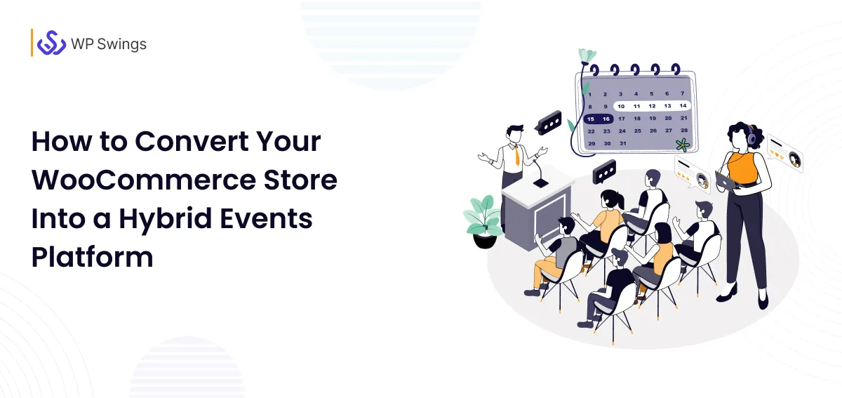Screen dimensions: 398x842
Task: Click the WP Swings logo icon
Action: pyautogui.click(x=51, y=43)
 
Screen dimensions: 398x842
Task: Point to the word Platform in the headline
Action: pyautogui.click(x=92, y=256)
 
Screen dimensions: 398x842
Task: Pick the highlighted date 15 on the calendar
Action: pyautogui.click(x=592, y=119)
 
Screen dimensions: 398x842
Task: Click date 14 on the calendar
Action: pyautogui.click(x=683, y=106)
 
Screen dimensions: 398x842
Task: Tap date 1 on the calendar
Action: pyautogui.click(x=590, y=94)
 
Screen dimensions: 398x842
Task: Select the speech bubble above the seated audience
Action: pyautogui.click(x=604, y=171)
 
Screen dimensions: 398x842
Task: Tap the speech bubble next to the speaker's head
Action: pyautogui.click(x=547, y=123)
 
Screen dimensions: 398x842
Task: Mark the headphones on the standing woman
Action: pyautogui.click(x=751, y=137)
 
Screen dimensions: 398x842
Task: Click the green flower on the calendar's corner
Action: pyautogui.click(x=681, y=145)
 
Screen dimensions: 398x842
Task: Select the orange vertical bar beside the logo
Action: pyautogui.click(x=32, y=43)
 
